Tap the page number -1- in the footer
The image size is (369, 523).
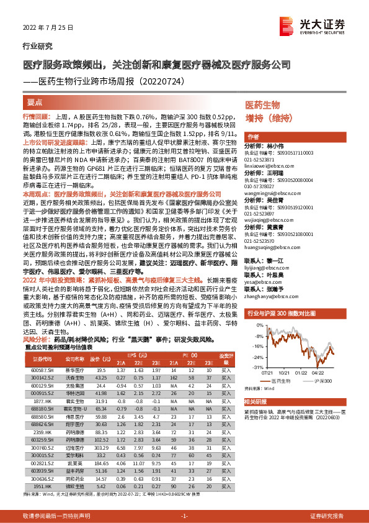184,516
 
